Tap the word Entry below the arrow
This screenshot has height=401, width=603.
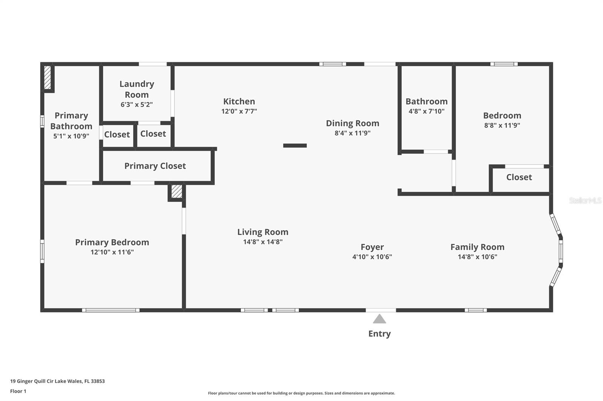pyautogui.click(x=379, y=334)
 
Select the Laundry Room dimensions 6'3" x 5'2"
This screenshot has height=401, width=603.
pyautogui.click(x=136, y=104)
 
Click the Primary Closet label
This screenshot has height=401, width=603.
pyautogui.click(x=155, y=166)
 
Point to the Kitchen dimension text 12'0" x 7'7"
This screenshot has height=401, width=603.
pyautogui.click(x=239, y=111)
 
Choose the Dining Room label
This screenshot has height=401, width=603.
pyautogui.click(x=353, y=123)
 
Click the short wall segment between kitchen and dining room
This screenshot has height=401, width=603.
pyautogui.click(x=295, y=146)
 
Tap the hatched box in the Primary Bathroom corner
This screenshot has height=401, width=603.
pyautogui.click(x=47, y=77)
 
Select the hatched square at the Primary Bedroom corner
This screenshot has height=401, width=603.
pyautogui.click(x=177, y=191)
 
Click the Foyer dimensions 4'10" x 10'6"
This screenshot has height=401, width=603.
pyautogui.click(x=372, y=257)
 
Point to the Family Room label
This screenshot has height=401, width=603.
pyautogui.click(x=477, y=247)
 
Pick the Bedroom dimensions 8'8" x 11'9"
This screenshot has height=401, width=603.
pyautogui.click(x=502, y=125)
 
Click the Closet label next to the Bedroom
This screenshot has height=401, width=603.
pyautogui.click(x=519, y=177)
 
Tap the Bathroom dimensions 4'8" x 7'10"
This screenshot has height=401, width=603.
pyautogui.click(x=426, y=111)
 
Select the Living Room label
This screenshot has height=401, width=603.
pyautogui.click(x=263, y=232)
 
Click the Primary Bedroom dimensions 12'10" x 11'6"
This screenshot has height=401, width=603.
pyautogui.click(x=112, y=252)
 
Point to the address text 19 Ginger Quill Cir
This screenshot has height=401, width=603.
pyautogui.click(x=32, y=381)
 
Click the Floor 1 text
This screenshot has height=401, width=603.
pyautogui.click(x=18, y=391)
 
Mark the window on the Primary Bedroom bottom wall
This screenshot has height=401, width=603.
pyautogui.click(x=111, y=310)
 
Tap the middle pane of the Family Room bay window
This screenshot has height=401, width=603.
pyautogui.click(x=561, y=250)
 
